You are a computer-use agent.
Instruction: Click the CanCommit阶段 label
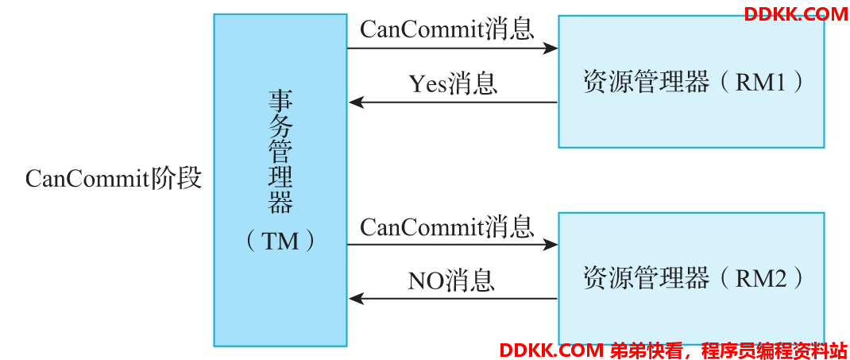114,178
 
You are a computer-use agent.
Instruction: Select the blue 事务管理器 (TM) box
280,180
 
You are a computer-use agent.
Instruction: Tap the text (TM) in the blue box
280,242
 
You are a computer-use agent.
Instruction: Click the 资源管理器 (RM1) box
692,81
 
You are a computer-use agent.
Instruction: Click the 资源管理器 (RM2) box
692,279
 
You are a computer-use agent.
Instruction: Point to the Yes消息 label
453,84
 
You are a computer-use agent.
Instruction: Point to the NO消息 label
451,281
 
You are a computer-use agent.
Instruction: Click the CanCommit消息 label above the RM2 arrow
447,226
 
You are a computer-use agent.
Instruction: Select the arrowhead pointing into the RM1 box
551,48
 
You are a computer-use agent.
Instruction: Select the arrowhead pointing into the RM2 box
551,245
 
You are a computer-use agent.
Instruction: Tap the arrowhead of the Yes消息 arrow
356,102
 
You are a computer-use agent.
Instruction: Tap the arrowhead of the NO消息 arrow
356,298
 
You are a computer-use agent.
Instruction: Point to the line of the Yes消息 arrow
453,102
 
